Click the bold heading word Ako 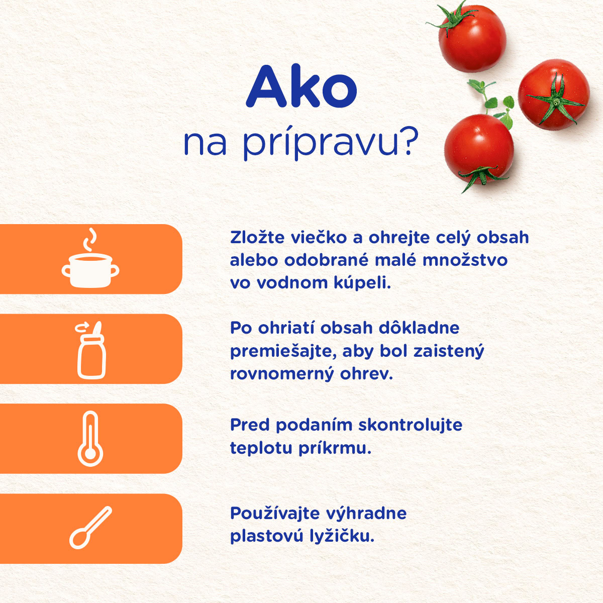[301, 86]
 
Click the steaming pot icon [90, 258]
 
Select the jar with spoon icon [91, 350]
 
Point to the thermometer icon [90, 439]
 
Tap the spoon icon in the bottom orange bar [90, 527]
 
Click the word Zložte [257, 237]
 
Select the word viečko [319, 237]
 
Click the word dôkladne [419, 328]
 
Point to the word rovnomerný [282, 374]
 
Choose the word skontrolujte [410, 425]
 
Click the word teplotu [261, 448]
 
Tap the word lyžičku [342, 537]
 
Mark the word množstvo [465, 260]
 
